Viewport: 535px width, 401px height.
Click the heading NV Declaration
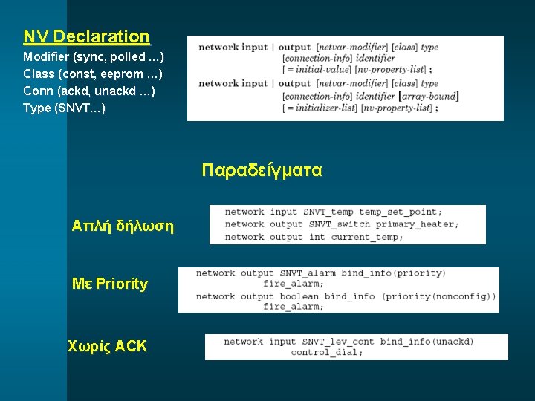point(86,36)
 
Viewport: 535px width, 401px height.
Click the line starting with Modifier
point(94,57)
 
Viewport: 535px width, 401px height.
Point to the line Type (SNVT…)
point(64,108)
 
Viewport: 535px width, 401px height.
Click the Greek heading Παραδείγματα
point(262,170)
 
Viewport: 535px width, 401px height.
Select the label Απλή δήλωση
point(123,225)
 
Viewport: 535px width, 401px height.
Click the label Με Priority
point(109,284)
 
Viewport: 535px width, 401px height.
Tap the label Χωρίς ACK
point(107,346)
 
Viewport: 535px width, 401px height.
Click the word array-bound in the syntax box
point(429,96)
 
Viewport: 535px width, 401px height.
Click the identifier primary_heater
point(417,224)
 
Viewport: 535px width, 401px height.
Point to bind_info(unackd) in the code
point(427,342)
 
